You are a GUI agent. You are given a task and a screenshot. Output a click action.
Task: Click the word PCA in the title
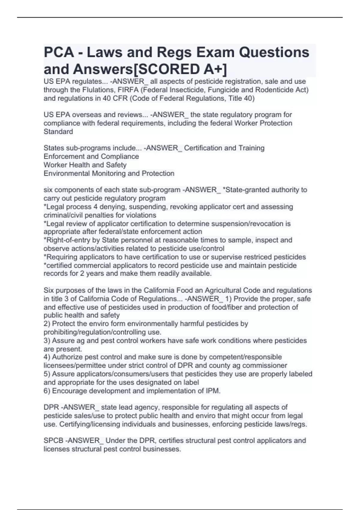(x=59, y=52)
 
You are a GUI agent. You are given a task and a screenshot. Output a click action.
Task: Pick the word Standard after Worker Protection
(x=58, y=131)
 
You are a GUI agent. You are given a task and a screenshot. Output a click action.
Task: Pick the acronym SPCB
(x=53, y=440)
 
